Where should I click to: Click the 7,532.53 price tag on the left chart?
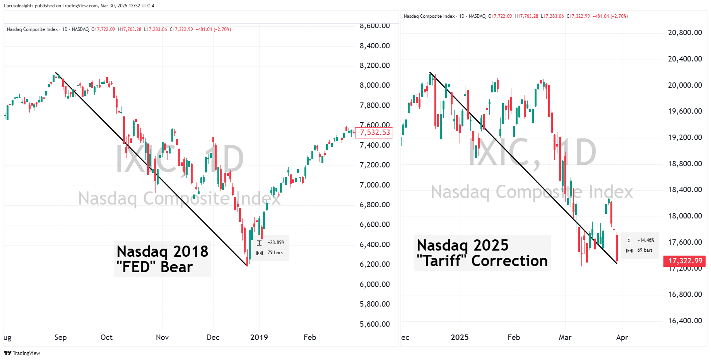[x=374, y=133]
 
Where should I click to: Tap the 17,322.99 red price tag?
[x=685, y=261]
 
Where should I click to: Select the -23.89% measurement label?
[x=276, y=242]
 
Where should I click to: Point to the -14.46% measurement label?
[x=646, y=240]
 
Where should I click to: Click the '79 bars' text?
[x=275, y=253]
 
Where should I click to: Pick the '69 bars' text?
[x=645, y=250]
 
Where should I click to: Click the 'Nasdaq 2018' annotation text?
[x=162, y=251]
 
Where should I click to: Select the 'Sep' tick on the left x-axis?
[x=60, y=337]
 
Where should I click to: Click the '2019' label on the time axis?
[x=259, y=337]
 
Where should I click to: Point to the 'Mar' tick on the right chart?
[x=565, y=337]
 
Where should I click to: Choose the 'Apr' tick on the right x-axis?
[x=622, y=337]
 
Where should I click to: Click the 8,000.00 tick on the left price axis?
[x=374, y=85]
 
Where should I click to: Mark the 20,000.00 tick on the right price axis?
[x=685, y=85]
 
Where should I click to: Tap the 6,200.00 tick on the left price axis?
[x=374, y=264]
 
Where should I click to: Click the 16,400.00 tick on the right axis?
[x=685, y=321]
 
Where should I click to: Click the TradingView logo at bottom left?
[x=22, y=353]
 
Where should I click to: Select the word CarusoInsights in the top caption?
[x=19, y=6]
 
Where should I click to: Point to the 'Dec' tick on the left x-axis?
[x=213, y=337]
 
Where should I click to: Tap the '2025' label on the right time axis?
[x=460, y=337]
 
